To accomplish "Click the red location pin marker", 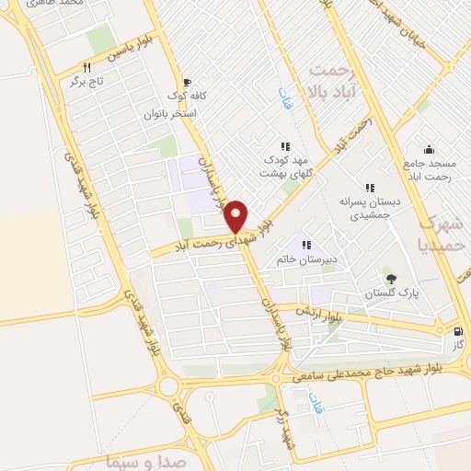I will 236,215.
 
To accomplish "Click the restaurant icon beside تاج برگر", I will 87,67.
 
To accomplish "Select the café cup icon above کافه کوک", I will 188,81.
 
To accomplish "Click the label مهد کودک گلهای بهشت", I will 285,167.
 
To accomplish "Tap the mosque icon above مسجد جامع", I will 429,149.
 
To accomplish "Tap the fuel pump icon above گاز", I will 458,331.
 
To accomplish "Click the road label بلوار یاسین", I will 128,54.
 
